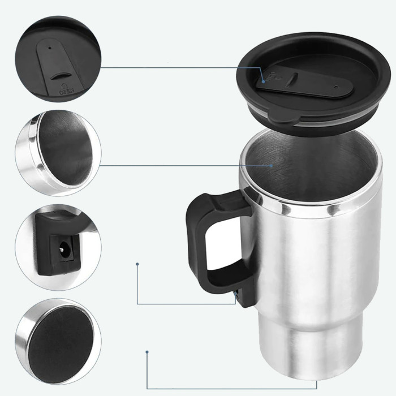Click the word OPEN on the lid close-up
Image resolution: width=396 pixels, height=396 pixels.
67,92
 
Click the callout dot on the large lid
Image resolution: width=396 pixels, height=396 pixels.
264,81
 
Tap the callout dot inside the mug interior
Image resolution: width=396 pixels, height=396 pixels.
271,166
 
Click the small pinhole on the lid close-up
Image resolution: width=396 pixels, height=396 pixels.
50,48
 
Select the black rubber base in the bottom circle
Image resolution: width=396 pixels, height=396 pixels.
61,345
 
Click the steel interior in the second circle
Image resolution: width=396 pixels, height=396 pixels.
65,148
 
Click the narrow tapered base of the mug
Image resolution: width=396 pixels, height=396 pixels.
311,354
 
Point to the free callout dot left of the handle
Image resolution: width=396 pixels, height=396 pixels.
137,264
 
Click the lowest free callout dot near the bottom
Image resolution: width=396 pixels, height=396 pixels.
147,352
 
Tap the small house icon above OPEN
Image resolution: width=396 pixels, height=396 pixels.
63,85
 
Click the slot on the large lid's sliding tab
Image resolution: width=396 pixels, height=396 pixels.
293,79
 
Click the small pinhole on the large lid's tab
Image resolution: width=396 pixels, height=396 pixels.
335,87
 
